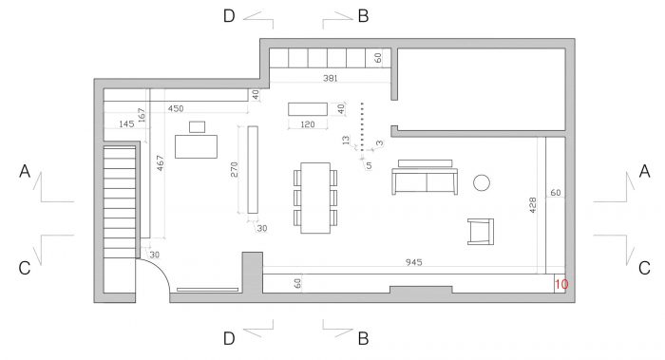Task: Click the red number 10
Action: pos(561,284)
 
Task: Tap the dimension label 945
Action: pos(413,262)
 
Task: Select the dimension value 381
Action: pos(330,78)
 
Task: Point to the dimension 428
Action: pos(533,205)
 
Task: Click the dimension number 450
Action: pos(176,108)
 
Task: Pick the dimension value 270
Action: pos(235,170)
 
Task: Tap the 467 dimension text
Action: pos(160,162)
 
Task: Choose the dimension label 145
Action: pos(126,123)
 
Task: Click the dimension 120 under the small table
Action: pos(308,124)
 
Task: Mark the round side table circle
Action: pos(482,182)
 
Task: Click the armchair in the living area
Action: pos(481,232)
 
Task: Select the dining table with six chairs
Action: pos(315,198)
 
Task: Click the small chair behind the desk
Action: pos(197,126)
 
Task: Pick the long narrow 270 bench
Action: pos(253,170)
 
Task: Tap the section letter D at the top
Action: pos(229,16)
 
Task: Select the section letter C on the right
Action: pos(644,268)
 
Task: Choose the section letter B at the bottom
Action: pos(363,339)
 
